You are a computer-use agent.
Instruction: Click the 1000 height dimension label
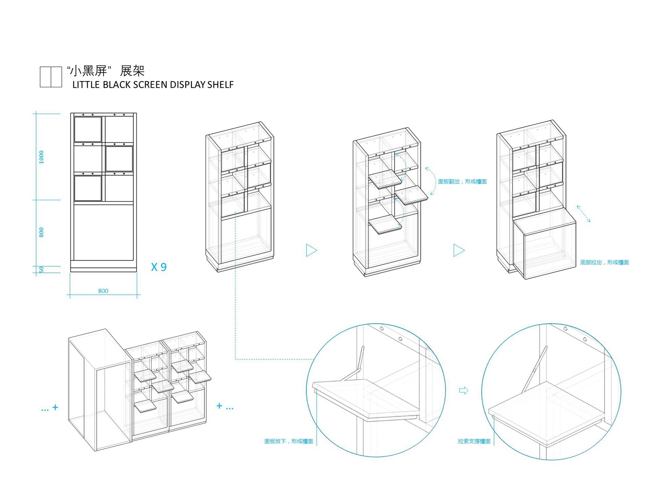[42, 157]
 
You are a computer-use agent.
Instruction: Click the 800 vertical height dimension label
[42, 232]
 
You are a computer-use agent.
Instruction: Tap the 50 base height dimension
[42, 269]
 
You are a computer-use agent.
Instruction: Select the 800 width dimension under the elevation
[103, 291]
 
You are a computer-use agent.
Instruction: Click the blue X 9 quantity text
[159, 267]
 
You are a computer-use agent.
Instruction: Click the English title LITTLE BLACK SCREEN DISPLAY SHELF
[153, 85]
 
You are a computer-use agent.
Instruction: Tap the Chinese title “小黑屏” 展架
[106, 71]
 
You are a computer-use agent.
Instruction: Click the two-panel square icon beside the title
[51, 77]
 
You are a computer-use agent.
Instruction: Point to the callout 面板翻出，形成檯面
[462, 181]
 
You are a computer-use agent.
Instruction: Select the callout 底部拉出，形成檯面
[604, 262]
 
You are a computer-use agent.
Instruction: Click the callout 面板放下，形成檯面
[289, 441]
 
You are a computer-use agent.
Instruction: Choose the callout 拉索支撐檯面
[474, 441]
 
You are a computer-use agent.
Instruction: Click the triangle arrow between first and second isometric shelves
[311, 250]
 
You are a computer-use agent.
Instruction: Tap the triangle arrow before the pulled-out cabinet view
[459, 250]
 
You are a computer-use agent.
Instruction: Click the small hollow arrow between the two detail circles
[464, 390]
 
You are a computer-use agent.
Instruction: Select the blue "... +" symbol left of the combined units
[50, 408]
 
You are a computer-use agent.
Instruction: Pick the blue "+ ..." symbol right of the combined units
[225, 407]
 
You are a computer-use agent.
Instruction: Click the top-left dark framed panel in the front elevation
[88, 129]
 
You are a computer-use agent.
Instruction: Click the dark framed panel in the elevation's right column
[119, 159]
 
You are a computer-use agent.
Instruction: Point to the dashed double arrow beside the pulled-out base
[583, 214]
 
